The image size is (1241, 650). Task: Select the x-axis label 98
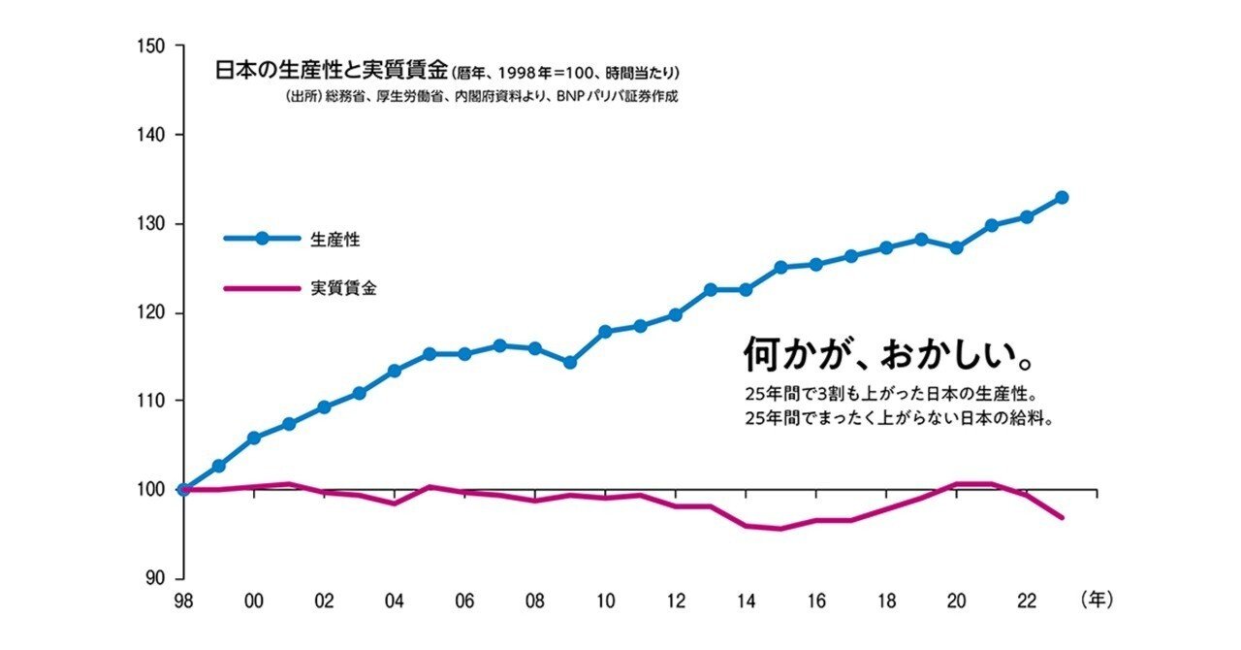pyautogui.click(x=183, y=601)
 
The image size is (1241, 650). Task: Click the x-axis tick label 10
pyautogui.click(x=605, y=601)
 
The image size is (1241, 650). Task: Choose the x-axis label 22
pyautogui.click(x=1026, y=601)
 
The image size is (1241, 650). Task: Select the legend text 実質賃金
pyautogui.click(x=343, y=288)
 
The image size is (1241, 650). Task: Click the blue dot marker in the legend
pyautogui.click(x=262, y=238)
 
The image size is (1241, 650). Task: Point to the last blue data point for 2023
pyautogui.click(x=1062, y=197)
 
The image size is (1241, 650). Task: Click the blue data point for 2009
pyautogui.click(x=570, y=362)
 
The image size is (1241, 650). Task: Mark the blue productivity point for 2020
pyautogui.click(x=956, y=247)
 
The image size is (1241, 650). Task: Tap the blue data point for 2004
pyautogui.click(x=395, y=371)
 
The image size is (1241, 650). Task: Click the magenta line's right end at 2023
pyautogui.click(x=1063, y=517)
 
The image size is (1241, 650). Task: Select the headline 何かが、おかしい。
pyautogui.click(x=886, y=355)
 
